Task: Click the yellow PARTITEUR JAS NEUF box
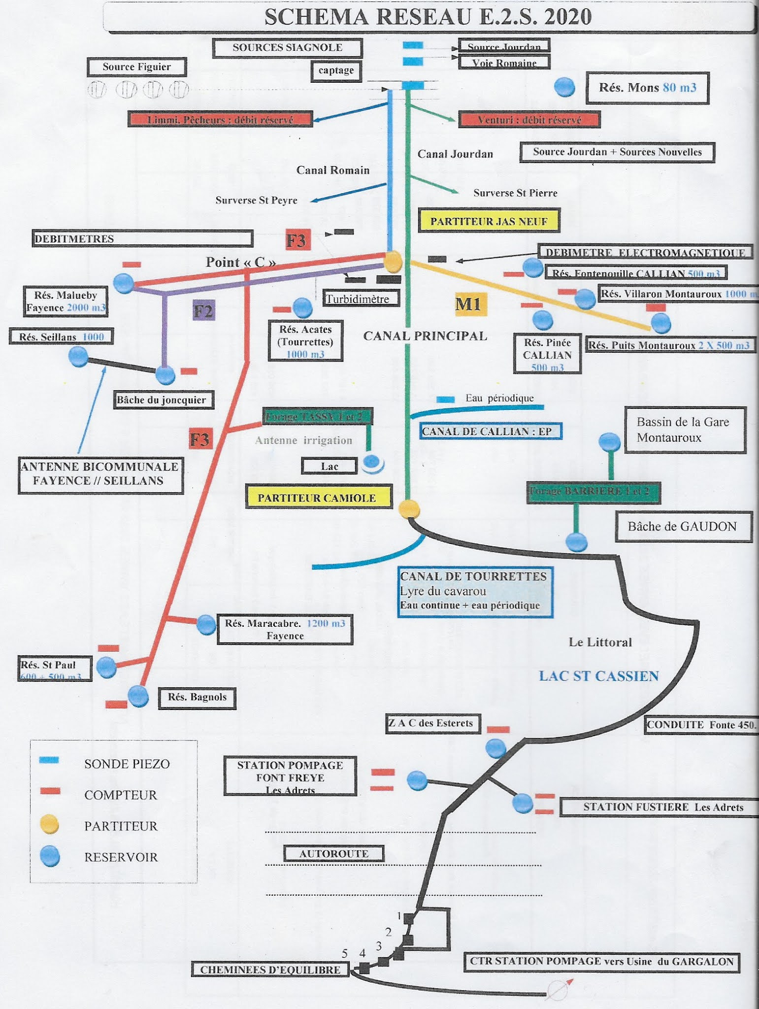(489, 221)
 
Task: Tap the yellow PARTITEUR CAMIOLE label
(317, 498)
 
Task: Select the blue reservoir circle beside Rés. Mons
(564, 87)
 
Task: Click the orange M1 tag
(471, 304)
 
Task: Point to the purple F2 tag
(203, 311)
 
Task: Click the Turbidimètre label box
(361, 299)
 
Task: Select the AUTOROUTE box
(333, 854)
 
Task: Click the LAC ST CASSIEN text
(598, 676)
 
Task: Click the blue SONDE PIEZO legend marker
(49, 760)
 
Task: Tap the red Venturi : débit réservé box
(529, 120)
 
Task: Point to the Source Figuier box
(136, 67)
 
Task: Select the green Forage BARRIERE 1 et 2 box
(593, 491)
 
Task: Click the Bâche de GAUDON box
(682, 527)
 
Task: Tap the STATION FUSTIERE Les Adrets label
(663, 807)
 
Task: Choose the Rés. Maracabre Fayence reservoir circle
(206, 624)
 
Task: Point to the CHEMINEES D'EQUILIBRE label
(270, 970)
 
